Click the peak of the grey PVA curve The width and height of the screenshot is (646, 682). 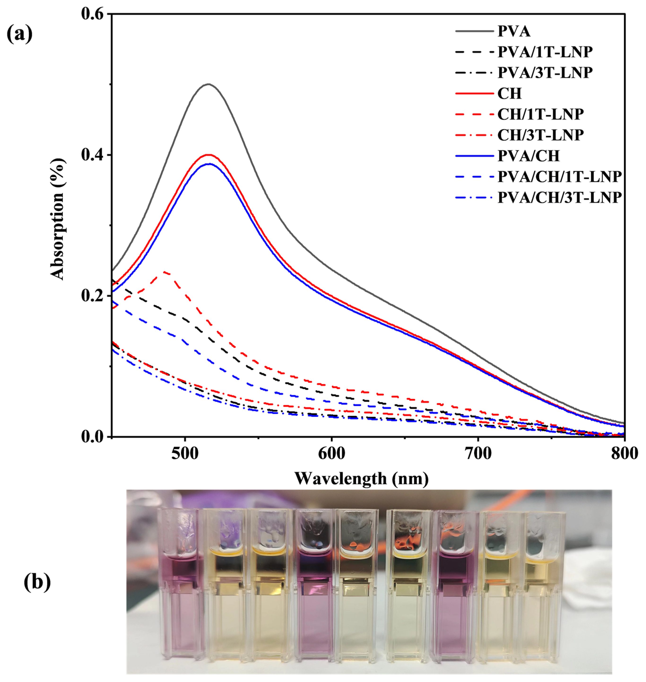[x=208, y=84]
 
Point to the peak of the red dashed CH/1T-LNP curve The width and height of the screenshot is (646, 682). [x=166, y=272]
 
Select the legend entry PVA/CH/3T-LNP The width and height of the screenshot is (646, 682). [x=559, y=198]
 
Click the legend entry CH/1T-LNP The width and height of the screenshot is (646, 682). [x=540, y=114]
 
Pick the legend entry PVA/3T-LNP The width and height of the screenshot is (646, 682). [x=545, y=73]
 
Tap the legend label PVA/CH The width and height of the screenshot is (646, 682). [x=529, y=156]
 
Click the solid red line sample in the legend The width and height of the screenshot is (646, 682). [x=474, y=94]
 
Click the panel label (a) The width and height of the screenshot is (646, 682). [x=20, y=34]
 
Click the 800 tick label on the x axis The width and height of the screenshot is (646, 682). [x=624, y=454]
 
